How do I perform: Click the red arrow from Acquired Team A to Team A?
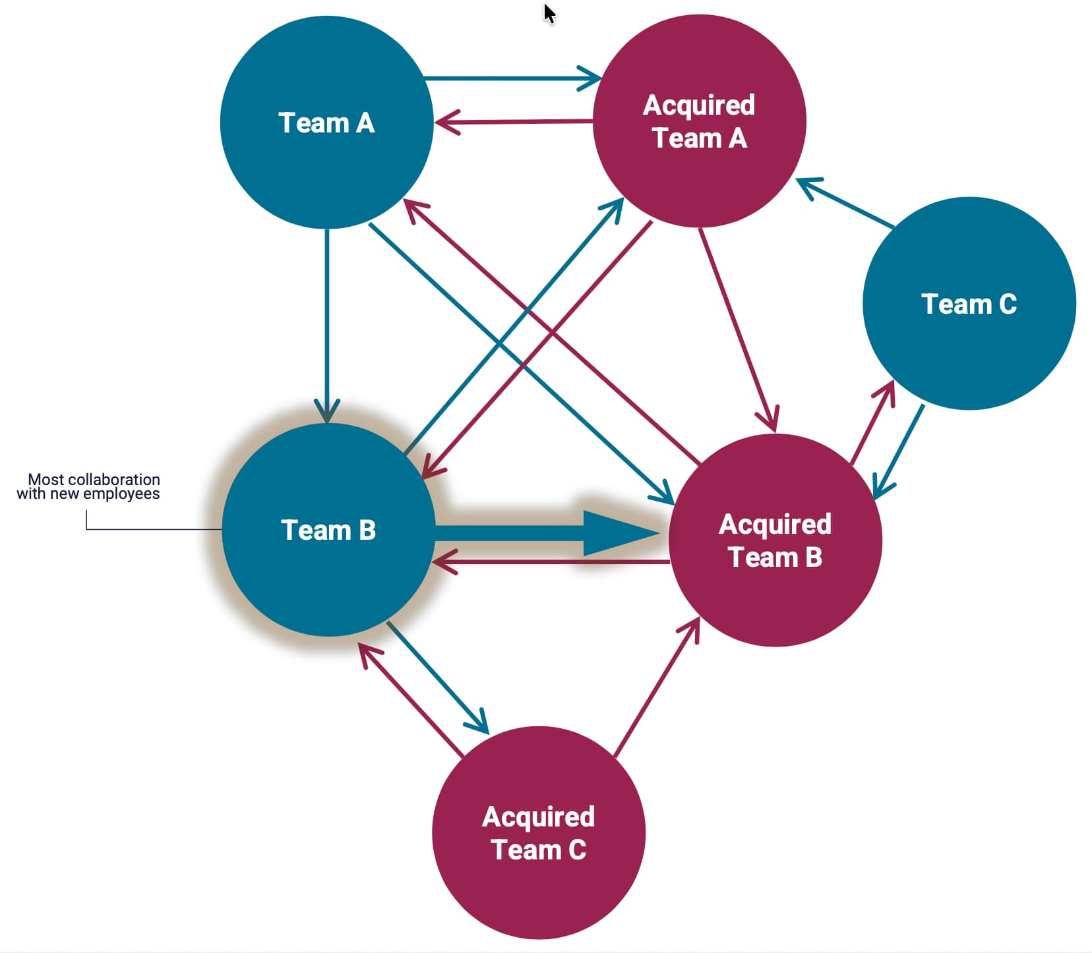514,122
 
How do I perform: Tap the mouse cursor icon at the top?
549,13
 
